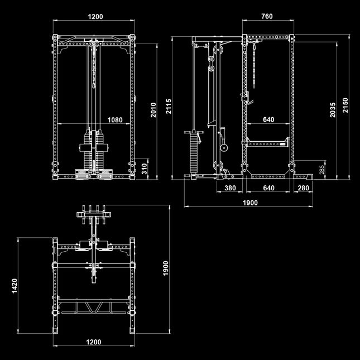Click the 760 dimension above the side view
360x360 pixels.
pos(267,16)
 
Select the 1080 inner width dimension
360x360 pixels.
pos(115,120)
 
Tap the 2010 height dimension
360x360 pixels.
pos(153,110)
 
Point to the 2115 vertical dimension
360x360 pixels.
pos(169,106)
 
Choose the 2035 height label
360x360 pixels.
pos(333,110)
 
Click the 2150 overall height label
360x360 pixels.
pos(345,105)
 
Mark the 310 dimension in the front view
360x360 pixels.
pos(144,169)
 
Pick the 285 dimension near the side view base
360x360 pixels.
pos(322,170)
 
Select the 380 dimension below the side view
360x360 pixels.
pos(230,188)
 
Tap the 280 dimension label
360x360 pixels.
pos(303,188)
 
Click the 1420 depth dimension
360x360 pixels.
pos(15,286)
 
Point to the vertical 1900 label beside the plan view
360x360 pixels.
pos(166,268)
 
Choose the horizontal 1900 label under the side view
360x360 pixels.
pos(250,203)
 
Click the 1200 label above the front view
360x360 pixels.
pos(95,17)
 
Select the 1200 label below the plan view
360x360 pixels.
pos(94,342)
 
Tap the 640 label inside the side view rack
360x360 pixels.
pos(268,119)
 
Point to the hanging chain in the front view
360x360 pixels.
pos(94,66)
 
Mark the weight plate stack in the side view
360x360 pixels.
pos(194,153)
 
